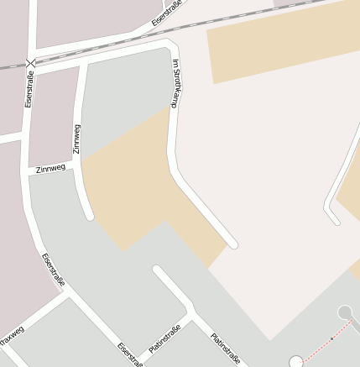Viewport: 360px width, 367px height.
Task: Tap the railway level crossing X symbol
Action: click(x=31, y=63)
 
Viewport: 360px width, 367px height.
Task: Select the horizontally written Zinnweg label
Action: click(x=50, y=169)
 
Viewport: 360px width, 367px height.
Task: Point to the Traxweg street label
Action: click(x=11, y=337)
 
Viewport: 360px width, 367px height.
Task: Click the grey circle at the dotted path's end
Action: click(x=344, y=312)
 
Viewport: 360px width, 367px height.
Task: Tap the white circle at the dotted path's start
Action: click(x=295, y=362)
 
